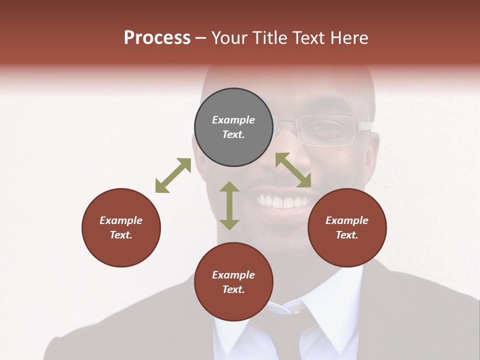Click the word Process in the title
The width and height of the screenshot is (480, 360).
pyautogui.click(x=157, y=38)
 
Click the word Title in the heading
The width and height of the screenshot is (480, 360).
pyautogui.click(x=269, y=38)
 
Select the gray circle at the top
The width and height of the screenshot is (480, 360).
pyautogui.click(x=233, y=127)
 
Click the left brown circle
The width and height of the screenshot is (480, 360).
pyautogui.click(x=121, y=227)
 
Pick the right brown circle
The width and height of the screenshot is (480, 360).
pyautogui.click(x=347, y=227)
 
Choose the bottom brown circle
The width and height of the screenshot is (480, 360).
pyautogui.click(x=233, y=282)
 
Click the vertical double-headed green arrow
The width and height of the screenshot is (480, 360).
pyautogui.click(x=229, y=205)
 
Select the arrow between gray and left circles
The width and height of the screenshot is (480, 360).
pyautogui.click(x=173, y=175)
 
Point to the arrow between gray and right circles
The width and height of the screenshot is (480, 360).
pyautogui.click(x=293, y=170)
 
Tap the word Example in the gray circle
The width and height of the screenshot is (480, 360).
pyautogui.click(x=233, y=120)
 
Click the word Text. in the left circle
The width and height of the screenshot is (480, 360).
pyautogui.click(x=121, y=235)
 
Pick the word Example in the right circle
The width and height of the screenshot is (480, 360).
pyautogui.click(x=347, y=220)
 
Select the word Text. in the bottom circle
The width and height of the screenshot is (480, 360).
pyautogui.click(x=233, y=289)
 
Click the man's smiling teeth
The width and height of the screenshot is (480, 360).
pyautogui.click(x=283, y=201)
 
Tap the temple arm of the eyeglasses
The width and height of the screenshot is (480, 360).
pyautogui.click(x=364, y=125)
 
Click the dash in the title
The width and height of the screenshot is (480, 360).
pyautogui.click(x=200, y=38)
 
